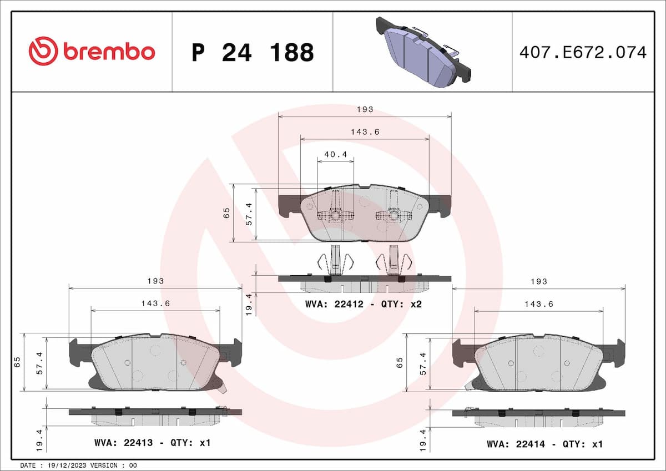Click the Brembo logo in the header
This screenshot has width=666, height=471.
pos(92,52)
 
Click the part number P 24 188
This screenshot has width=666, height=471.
pos(253,53)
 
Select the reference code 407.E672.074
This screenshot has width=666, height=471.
pos(582,53)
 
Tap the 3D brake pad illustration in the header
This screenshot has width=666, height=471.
pos(423,51)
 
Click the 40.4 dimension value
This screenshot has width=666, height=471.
pos(335,155)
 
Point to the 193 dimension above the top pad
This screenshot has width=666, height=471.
pos(365,109)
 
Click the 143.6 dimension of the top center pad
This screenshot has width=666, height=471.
pos(365,132)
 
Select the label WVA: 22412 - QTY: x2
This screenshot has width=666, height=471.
pos(364,304)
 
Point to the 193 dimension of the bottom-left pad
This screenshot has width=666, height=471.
pos(155,281)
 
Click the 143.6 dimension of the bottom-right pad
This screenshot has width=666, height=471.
pos(538,304)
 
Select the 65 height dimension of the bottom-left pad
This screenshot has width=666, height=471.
pos(17,362)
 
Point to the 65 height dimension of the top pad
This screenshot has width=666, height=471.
pos(226,213)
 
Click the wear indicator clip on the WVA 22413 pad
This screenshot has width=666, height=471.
pos(223,386)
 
